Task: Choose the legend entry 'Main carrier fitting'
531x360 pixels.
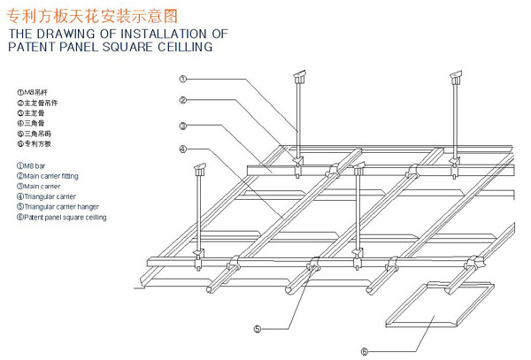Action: click(46, 176)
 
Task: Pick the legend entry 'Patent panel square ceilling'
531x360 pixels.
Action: click(60, 217)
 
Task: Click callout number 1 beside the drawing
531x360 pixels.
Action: click(181, 78)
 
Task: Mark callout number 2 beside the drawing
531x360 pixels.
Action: click(181, 100)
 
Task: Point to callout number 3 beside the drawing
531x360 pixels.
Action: click(181, 125)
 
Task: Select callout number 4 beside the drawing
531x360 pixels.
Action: click(181, 149)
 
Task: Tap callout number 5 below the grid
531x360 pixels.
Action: click(258, 329)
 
